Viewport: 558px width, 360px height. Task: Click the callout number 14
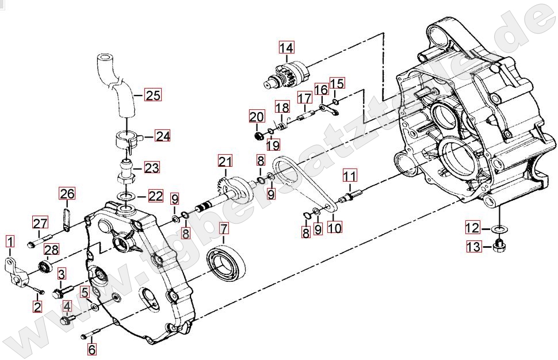286,48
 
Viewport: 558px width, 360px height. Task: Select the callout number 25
153,95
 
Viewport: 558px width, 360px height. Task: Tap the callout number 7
223,229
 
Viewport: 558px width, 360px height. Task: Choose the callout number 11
349,176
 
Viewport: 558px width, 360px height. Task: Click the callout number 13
473,247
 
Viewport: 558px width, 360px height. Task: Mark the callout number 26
67,194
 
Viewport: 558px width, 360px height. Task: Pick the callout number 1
10,242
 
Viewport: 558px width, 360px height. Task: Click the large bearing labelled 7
227,262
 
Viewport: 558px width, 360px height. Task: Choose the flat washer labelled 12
500,229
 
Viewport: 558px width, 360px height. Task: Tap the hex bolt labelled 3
62,292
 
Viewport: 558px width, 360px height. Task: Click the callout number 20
257,117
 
